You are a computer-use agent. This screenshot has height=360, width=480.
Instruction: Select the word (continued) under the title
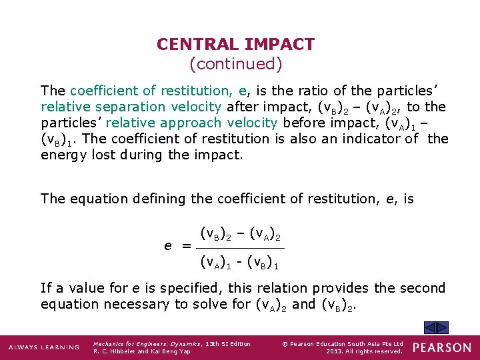[x=236, y=64]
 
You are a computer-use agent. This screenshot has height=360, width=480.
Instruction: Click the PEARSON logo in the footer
[x=442, y=347]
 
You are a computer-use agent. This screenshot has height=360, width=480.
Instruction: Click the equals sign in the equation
[x=187, y=246]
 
